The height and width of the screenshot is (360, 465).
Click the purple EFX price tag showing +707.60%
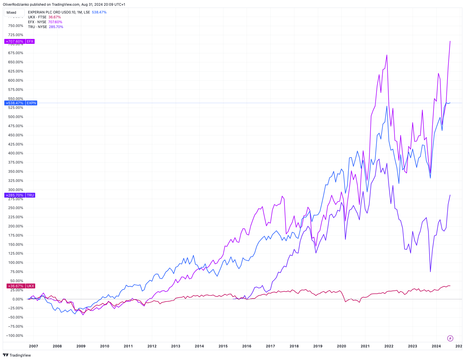click(19, 42)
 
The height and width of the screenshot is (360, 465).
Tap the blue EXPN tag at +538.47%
click(21, 103)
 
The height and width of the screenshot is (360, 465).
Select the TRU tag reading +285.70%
click(20, 195)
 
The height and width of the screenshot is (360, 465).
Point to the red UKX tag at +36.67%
click(20, 286)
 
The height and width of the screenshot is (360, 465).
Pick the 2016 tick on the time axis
click(247, 346)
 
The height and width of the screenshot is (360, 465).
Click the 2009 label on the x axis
click(81, 346)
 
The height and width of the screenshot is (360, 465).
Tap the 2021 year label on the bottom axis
click(365, 346)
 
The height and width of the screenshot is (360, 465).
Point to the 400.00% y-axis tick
click(16, 153)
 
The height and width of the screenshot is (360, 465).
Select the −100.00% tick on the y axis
click(15, 336)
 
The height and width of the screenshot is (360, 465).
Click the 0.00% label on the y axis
click(18, 299)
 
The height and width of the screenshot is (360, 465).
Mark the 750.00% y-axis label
click(16, 26)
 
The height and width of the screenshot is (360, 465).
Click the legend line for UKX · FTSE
click(44, 17)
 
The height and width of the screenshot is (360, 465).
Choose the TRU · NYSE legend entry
click(45, 27)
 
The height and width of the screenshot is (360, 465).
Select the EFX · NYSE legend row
click(45, 22)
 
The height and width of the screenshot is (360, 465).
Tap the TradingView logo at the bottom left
click(17, 355)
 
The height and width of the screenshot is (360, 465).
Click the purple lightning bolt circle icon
click(450, 338)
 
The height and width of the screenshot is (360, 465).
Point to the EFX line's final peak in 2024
click(450, 41)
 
